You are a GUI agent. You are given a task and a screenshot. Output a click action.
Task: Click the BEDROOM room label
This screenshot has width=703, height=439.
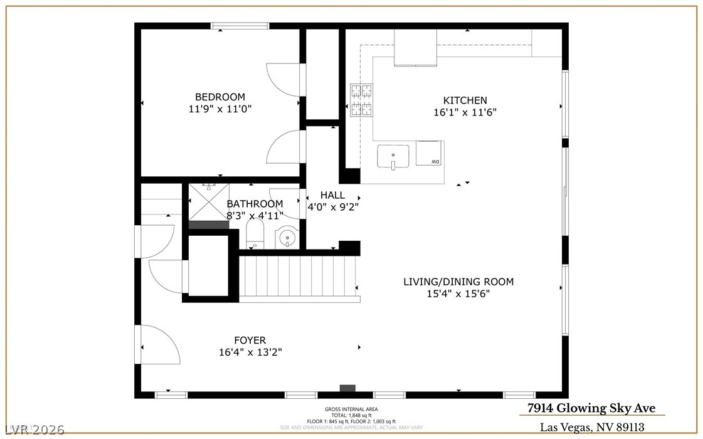click(x=219, y=97)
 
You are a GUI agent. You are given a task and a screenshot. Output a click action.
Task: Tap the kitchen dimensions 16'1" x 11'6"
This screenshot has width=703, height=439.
click(x=465, y=112)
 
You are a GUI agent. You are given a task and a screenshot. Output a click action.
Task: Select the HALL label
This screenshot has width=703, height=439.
click(x=332, y=195)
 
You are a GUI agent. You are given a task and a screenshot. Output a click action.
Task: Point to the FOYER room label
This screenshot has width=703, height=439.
click(x=250, y=341)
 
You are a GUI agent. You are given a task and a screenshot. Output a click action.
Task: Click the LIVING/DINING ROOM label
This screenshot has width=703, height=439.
click(x=458, y=282)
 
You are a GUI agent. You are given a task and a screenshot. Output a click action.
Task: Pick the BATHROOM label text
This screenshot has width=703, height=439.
click(x=255, y=204)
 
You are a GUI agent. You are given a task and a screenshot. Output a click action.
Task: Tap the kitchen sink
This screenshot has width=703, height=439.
click(x=393, y=156)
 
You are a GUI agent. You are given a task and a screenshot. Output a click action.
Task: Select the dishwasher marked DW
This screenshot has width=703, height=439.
click(x=430, y=154)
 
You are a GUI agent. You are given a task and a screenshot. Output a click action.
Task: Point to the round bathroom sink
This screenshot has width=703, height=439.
click(x=286, y=237)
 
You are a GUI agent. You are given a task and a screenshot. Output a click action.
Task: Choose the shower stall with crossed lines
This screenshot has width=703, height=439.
click(x=208, y=202)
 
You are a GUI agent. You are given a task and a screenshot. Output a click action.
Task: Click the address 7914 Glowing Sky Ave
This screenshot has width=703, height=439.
click(x=591, y=408)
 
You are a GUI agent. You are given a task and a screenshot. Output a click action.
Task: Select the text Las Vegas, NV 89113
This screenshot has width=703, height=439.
click(x=592, y=427)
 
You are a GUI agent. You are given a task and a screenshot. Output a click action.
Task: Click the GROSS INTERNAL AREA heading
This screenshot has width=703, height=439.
click(x=351, y=409)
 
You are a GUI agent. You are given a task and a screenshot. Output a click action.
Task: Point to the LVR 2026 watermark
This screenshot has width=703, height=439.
click(x=32, y=430)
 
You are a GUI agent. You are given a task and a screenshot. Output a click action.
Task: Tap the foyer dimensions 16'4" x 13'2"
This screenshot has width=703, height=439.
click(x=250, y=352)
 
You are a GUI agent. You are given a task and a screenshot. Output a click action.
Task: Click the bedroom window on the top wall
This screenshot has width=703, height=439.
click(x=240, y=26)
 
